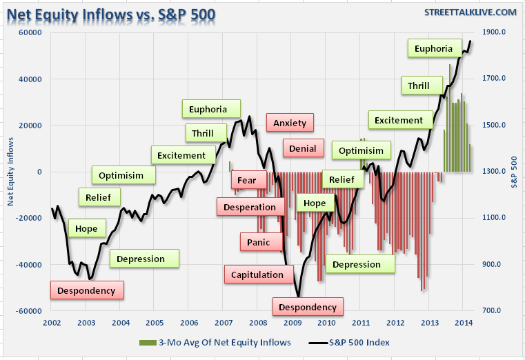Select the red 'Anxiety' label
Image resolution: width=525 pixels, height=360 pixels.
coord(290,123)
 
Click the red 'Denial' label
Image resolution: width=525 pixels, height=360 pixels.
coord(303,148)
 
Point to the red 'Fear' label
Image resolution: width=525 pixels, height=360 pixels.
coord(246,181)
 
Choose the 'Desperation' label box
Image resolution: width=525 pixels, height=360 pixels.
coord(250,206)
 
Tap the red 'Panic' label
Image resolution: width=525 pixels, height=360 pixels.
coord(259,242)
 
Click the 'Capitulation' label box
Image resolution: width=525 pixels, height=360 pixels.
coord(257,274)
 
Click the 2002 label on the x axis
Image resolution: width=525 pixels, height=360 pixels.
coord(52,323)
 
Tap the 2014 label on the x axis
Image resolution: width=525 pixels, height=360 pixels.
coord(464,323)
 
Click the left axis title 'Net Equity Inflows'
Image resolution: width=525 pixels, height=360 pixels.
coord(10,172)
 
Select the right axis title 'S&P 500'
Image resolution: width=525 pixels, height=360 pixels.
coord(515,172)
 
